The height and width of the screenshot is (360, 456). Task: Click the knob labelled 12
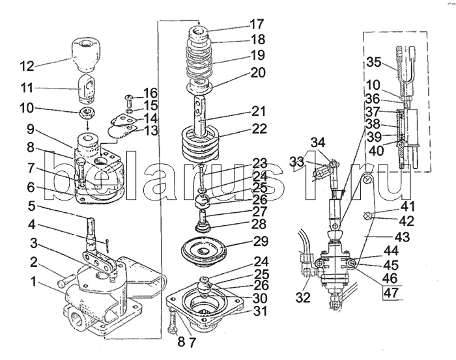coord(86,54)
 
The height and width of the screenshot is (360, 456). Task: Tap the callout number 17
coord(257,24)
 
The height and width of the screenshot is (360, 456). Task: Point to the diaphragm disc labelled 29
coord(203,252)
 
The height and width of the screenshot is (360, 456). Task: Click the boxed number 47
coord(391,292)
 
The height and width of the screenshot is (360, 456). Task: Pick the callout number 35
coord(373,62)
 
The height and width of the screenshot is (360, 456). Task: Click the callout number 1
coord(34,281)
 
